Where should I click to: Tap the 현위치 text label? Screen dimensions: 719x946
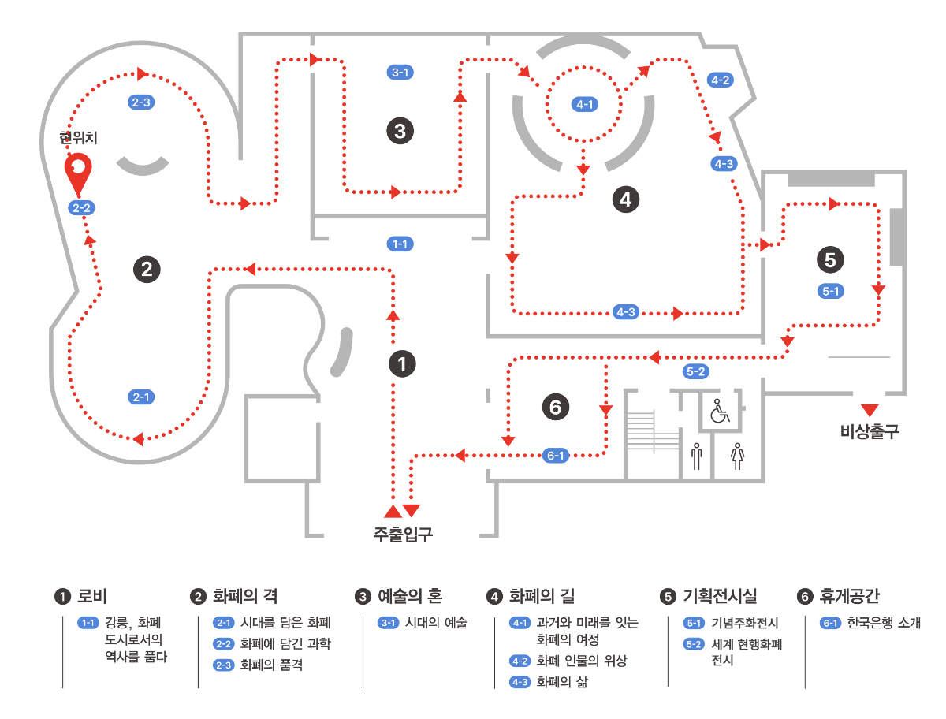point(78,138)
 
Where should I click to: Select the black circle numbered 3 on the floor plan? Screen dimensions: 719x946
point(400,130)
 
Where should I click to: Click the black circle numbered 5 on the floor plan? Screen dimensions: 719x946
point(830,258)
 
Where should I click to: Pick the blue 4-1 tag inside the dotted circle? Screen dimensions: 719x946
point(584,104)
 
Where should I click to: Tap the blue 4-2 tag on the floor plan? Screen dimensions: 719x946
point(721,80)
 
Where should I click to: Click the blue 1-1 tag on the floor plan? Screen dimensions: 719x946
point(400,244)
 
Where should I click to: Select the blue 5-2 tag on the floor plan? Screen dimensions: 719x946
point(697,371)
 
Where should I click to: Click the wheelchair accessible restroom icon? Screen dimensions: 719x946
point(719,411)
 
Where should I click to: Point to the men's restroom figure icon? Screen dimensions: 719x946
point(696,456)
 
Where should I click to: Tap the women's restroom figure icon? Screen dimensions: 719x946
point(738,456)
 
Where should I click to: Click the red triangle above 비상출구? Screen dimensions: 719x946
point(870,410)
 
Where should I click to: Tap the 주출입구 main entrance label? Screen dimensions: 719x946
point(403,535)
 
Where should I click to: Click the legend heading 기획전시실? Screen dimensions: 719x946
point(718,596)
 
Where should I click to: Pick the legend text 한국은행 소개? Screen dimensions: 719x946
point(883,623)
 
